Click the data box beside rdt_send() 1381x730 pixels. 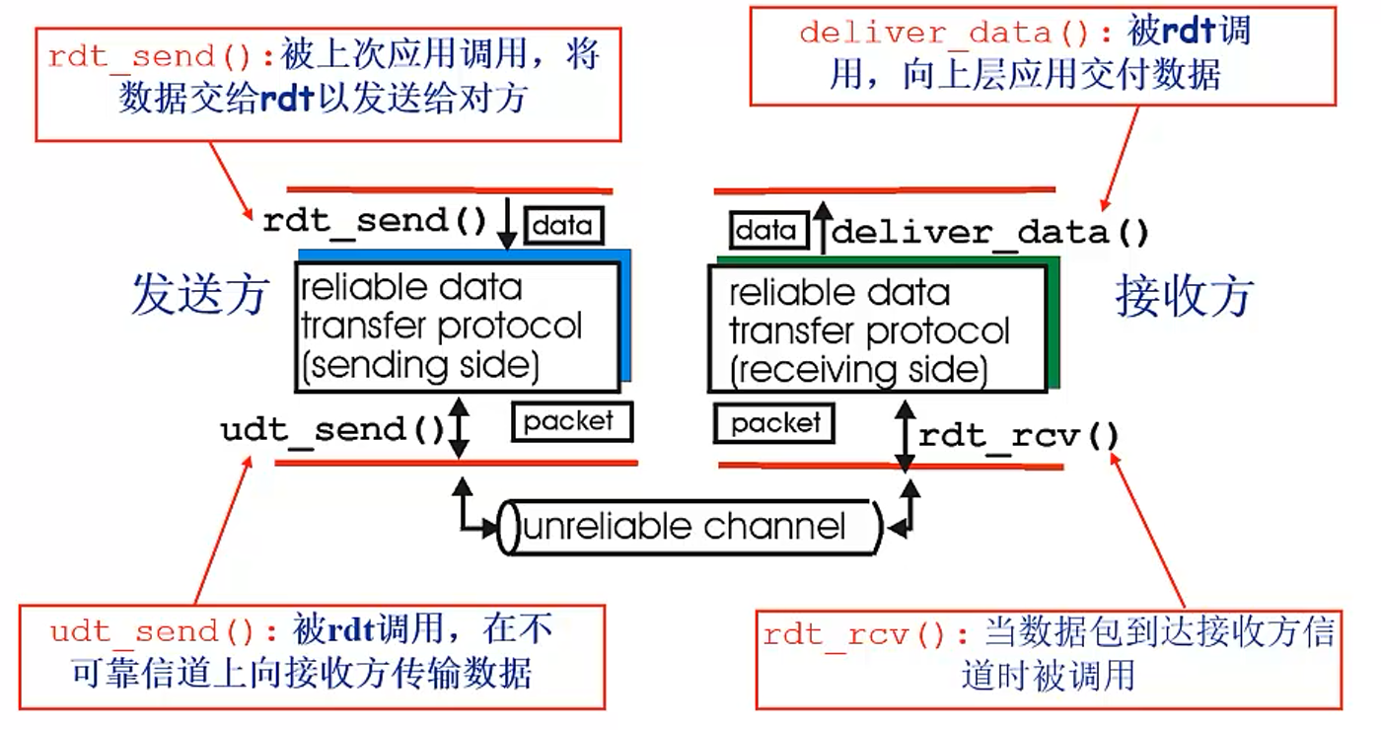[563, 226]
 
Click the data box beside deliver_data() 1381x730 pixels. [768, 231]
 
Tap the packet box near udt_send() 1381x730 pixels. [571, 422]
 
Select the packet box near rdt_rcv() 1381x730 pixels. [774, 423]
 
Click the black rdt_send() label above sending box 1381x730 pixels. [375, 221]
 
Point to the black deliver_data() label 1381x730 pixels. [989, 233]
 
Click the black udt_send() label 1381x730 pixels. [332, 430]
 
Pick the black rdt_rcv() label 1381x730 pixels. [1018, 436]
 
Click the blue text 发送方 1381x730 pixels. [201, 294]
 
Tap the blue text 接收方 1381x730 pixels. [1185, 297]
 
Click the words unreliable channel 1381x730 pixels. [684, 527]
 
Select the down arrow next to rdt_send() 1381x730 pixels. [507, 223]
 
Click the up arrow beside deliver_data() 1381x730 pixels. [823, 228]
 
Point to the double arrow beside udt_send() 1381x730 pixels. [459, 428]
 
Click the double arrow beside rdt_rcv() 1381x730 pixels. [905, 436]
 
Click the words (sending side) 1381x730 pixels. [421, 366]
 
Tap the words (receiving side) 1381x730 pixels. [859, 371]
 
